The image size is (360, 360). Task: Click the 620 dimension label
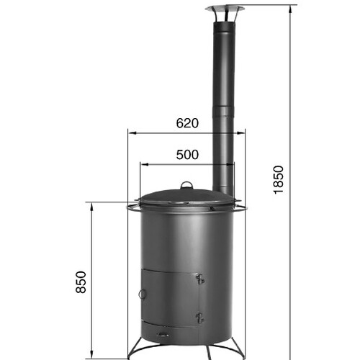click(x=187, y=123)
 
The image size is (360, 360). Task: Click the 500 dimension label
click(x=187, y=155)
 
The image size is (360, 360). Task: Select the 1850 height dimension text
click(x=279, y=180)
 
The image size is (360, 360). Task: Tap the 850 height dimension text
click(x=81, y=282)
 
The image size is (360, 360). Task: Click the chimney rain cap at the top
click(x=225, y=9)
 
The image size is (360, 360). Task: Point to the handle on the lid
click(x=186, y=185)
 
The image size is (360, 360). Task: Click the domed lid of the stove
click(x=186, y=197)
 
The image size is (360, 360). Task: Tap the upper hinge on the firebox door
click(x=199, y=279)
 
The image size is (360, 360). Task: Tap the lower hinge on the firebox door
click(x=199, y=318)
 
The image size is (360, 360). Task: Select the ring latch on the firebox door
click(x=142, y=294)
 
